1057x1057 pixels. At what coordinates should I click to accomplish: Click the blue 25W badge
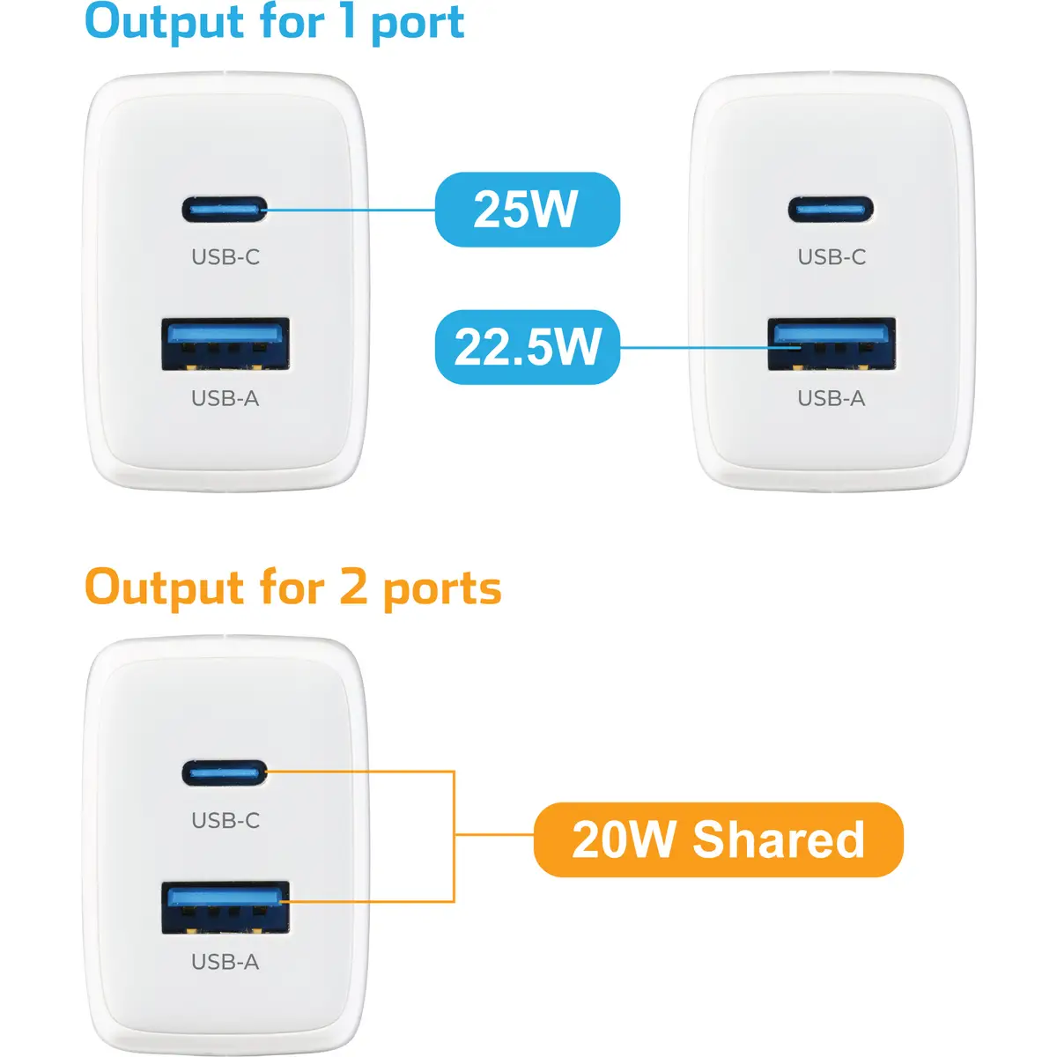coord(527,210)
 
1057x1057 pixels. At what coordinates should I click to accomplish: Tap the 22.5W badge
coord(527,347)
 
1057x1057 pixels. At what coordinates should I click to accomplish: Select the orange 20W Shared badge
coord(718,839)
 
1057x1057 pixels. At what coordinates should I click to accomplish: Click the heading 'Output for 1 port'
coord(275,23)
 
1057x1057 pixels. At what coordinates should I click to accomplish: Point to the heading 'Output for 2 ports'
coord(293,588)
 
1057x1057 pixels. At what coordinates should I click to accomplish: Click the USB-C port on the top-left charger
coord(225,210)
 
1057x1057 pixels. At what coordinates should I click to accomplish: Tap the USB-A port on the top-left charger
coord(225,344)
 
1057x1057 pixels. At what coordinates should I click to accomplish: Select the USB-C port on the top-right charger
coord(831,210)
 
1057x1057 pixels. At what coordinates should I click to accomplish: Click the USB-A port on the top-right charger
coord(832,344)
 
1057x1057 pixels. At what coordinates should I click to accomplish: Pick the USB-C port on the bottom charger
coord(225,773)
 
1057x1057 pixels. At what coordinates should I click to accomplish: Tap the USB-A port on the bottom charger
coord(225,908)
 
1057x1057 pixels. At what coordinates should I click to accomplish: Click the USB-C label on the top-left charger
coord(225,256)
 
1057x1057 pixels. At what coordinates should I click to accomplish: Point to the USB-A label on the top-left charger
coord(225,398)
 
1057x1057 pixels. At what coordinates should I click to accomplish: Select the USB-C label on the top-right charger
coord(832,256)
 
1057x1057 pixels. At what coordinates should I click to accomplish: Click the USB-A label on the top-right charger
coord(831,398)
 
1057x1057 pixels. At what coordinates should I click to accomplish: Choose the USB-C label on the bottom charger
coord(225,821)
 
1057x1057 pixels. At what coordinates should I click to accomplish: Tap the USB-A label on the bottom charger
coord(225,962)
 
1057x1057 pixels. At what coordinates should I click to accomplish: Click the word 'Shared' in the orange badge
coord(779,839)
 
